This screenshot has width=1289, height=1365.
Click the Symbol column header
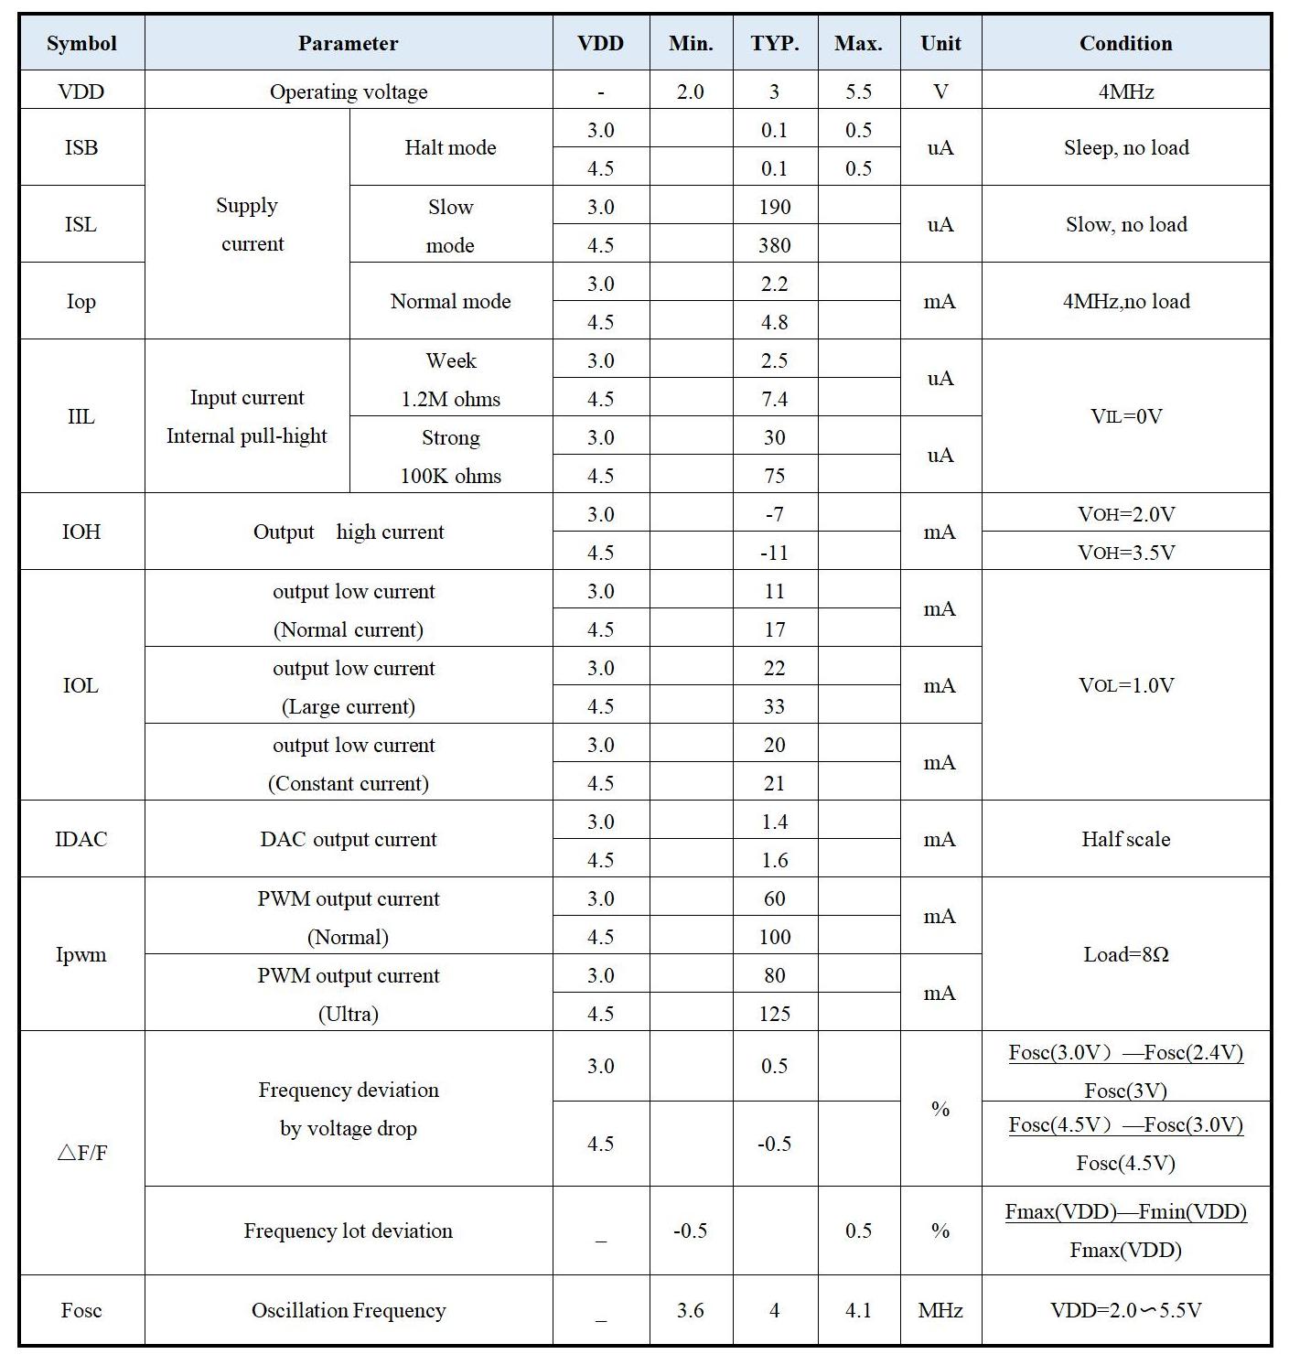(x=81, y=43)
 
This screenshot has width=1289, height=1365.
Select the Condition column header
(x=1125, y=43)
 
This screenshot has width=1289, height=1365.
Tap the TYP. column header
(x=774, y=43)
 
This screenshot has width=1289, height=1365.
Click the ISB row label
(x=81, y=147)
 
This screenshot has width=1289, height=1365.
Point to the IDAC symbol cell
(x=81, y=839)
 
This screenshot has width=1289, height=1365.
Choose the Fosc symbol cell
(x=81, y=1310)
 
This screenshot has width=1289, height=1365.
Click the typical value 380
(x=774, y=245)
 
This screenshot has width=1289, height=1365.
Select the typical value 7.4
(x=774, y=399)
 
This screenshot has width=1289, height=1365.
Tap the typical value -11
(x=774, y=553)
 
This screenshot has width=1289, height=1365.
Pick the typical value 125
(x=774, y=1014)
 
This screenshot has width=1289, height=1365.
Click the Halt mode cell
(x=450, y=147)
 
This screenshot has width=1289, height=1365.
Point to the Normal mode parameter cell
(x=450, y=301)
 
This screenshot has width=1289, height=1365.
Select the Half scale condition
(x=1125, y=839)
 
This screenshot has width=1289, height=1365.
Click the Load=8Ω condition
(x=1125, y=954)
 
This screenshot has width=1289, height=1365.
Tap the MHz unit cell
(x=940, y=1310)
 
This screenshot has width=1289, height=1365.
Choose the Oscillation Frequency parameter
(x=349, y=1310)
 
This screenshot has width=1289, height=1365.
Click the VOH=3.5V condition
(x=1125, y=553)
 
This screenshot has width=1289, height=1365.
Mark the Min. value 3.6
(x=690, y=1310)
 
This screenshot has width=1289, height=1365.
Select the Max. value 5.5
(x=858, y=91)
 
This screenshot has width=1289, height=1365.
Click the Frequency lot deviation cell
(x=349, y=1231)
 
